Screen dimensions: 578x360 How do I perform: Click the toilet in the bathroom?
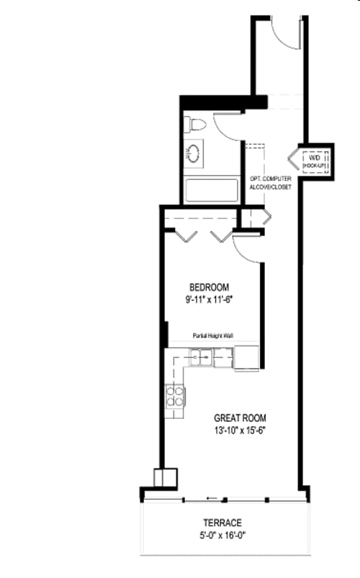coord(195,125)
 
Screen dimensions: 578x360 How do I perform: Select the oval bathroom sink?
coord(194,153)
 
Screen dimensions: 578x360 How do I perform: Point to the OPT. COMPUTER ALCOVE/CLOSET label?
coord(270,182)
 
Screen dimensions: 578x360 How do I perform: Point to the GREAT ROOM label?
coord(240,417)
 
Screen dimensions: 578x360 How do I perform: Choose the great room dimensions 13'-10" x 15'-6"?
coord(240,432)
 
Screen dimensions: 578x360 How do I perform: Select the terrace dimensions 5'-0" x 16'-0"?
coord(226,536)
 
